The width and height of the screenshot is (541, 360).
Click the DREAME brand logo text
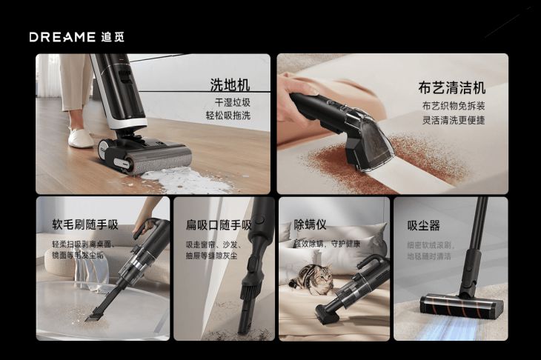[62, 37]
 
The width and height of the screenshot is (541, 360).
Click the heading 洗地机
[229, 84]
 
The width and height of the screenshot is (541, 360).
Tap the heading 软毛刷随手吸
[84, 224]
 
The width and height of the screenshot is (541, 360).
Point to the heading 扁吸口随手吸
[219, 224]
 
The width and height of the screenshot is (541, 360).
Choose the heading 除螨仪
[310, 224]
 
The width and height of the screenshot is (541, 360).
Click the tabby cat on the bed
[311, 279]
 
